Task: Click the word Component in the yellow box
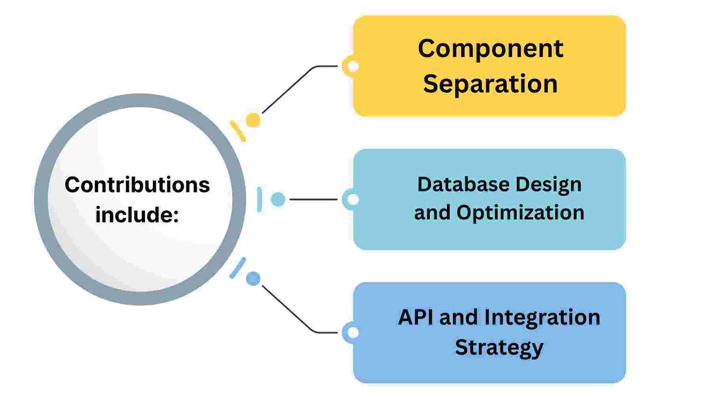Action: pos(490,49)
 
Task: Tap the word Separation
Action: pos(490,84)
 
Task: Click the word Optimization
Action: pos(520,213)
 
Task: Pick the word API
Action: pos(416,317)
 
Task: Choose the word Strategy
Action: pos(499,348)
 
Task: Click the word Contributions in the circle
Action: pos(137,185)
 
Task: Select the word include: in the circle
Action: pos(137,215)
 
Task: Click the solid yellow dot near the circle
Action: pos(253,120)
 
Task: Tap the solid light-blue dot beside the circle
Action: pos(278,199)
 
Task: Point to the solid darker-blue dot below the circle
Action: pos(253,279)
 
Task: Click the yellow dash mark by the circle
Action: pos(238,131)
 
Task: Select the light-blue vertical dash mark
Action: pos(259,199)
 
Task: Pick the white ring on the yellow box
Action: pos(353,66)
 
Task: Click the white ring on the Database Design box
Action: pos(353,199)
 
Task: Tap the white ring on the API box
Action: pos(353,333)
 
